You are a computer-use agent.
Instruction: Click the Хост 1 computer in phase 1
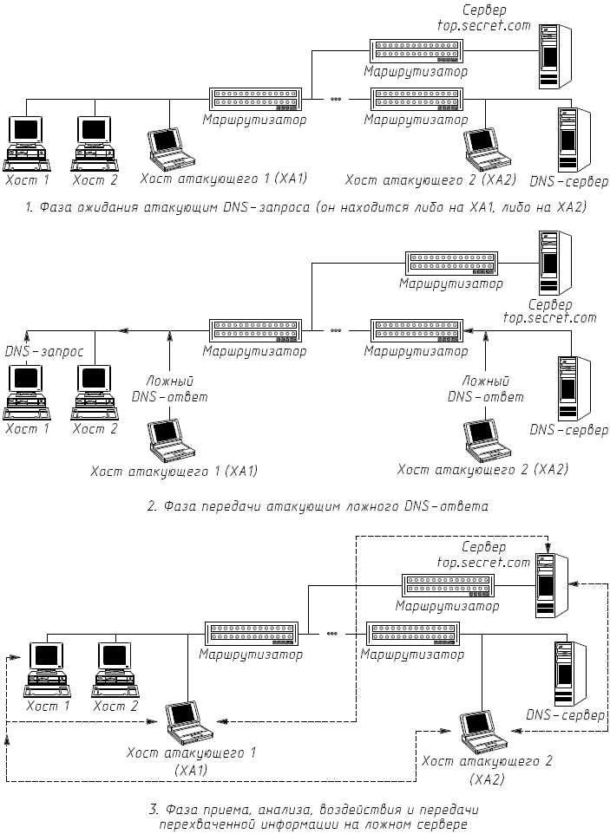pyautogui.click(x=25, y=141)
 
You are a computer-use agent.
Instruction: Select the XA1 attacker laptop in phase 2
pyautogui.click(x=170, y=438)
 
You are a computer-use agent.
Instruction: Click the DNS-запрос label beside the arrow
pyautogui.click(x=44, y=352)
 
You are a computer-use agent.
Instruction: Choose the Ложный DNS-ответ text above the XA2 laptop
pyautogui.click(x=485, y=388)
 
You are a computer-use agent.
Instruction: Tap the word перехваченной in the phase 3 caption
pyautogui.click(x=202, y=824)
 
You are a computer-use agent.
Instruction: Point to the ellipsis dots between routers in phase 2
pyautogui.click(x=336, y=330)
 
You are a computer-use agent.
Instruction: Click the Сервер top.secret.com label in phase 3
pyautogui.click(x=482, y=555)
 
